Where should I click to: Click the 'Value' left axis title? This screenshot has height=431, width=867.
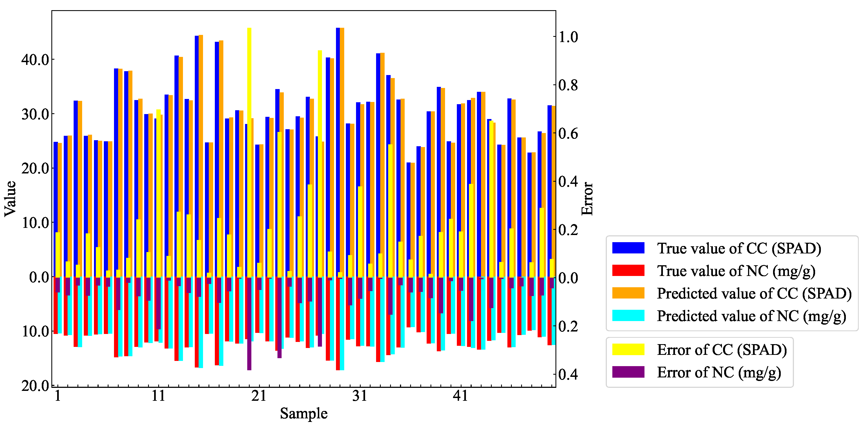[x=10, y=199]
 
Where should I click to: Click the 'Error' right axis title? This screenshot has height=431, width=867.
[x=587, y=199]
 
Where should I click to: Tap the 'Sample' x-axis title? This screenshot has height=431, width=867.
[x=304, y=413]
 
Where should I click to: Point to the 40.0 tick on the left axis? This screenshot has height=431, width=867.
[x=35, y=60]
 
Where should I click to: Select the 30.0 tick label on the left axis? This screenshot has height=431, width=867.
[x=35, y=114]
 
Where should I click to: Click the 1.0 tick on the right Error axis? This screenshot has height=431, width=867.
[x=568, y=37]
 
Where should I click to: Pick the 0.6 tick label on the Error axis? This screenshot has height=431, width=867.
[x=568, y=133]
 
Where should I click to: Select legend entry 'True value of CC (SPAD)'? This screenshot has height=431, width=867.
[x=739, y=248]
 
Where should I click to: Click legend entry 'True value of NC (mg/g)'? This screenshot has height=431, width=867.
[x=736, y=271]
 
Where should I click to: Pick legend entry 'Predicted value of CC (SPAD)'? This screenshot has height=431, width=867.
[x=754, y=293]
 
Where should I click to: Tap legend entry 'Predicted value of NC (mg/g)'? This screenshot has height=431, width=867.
[x=751, y=316]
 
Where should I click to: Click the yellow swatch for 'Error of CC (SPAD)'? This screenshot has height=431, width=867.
[x=628, y=350]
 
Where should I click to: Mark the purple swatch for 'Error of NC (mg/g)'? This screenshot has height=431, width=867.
[x=628, y=372]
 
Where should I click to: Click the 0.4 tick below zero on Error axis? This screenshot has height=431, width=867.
[x=568, y=374]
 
